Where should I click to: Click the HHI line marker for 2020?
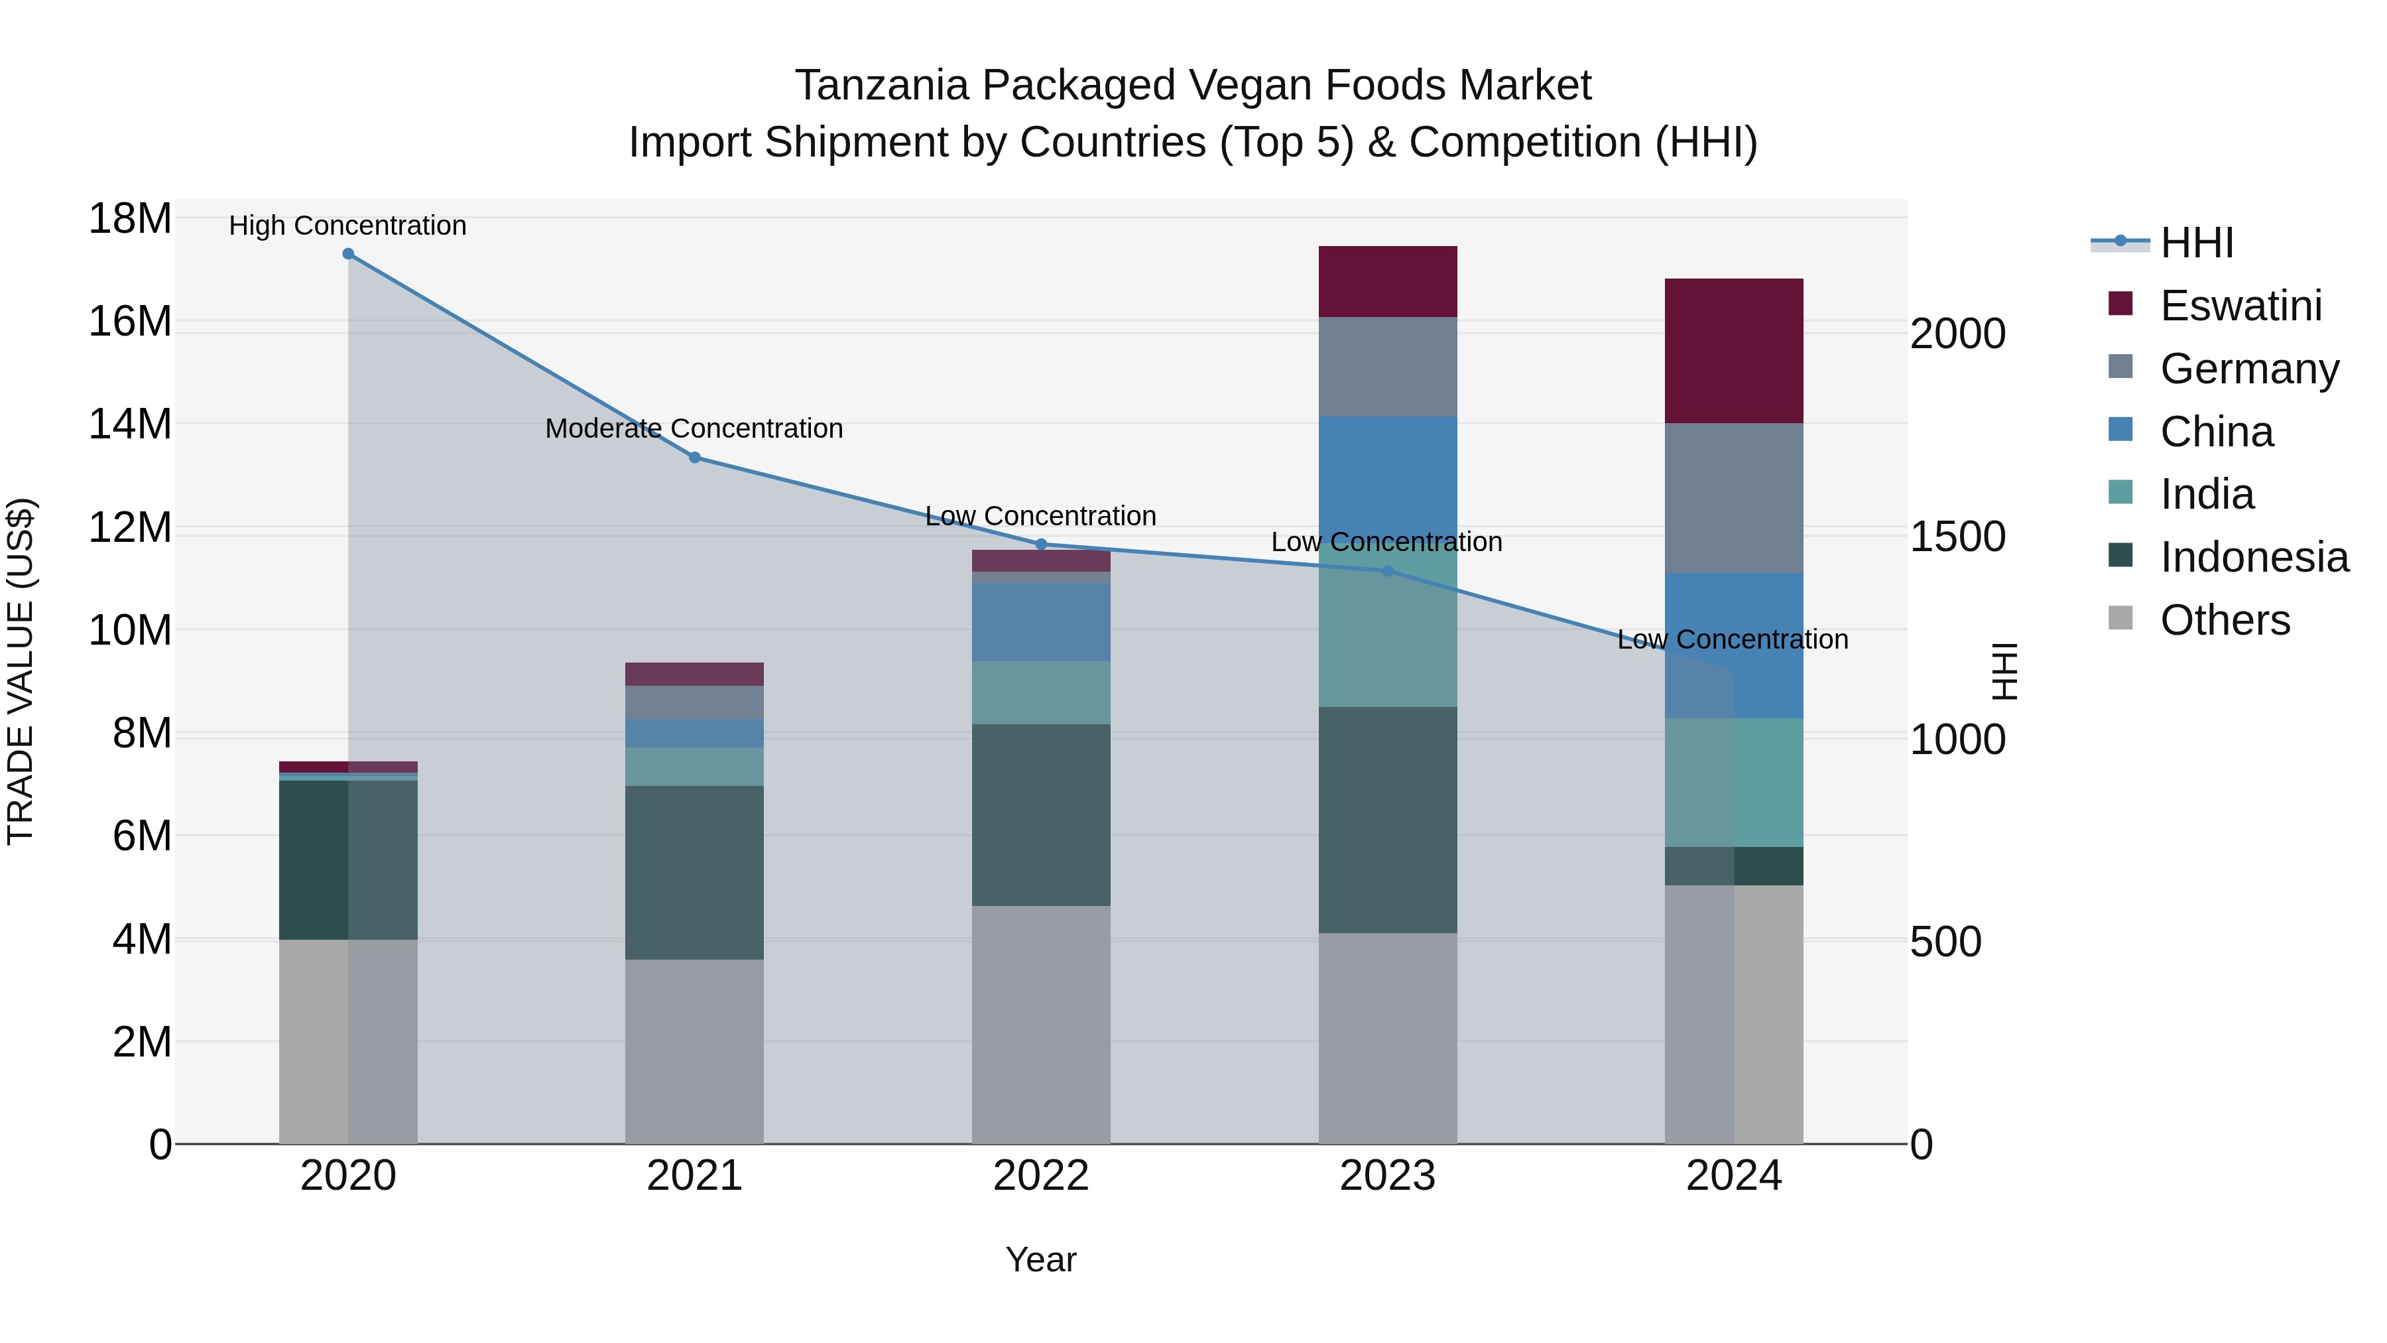[x=348, y=254]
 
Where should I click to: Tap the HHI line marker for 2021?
[x=695, y=457]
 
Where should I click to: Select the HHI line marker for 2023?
[x=1387, y=571]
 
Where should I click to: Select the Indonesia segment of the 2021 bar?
[x=694, y=872]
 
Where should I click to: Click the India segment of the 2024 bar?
[x=1734, y=783]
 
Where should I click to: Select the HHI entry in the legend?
[x=2196, y=243]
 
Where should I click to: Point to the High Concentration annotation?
[x=347, y=226]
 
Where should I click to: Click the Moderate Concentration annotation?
[x=694, y=429]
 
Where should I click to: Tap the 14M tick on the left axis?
[x=130, y=424]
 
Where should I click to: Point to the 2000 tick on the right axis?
[x=1957, y=335]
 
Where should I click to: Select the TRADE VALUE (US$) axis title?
[x=21, y=671]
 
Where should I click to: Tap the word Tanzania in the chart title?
[x=883, y=86]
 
